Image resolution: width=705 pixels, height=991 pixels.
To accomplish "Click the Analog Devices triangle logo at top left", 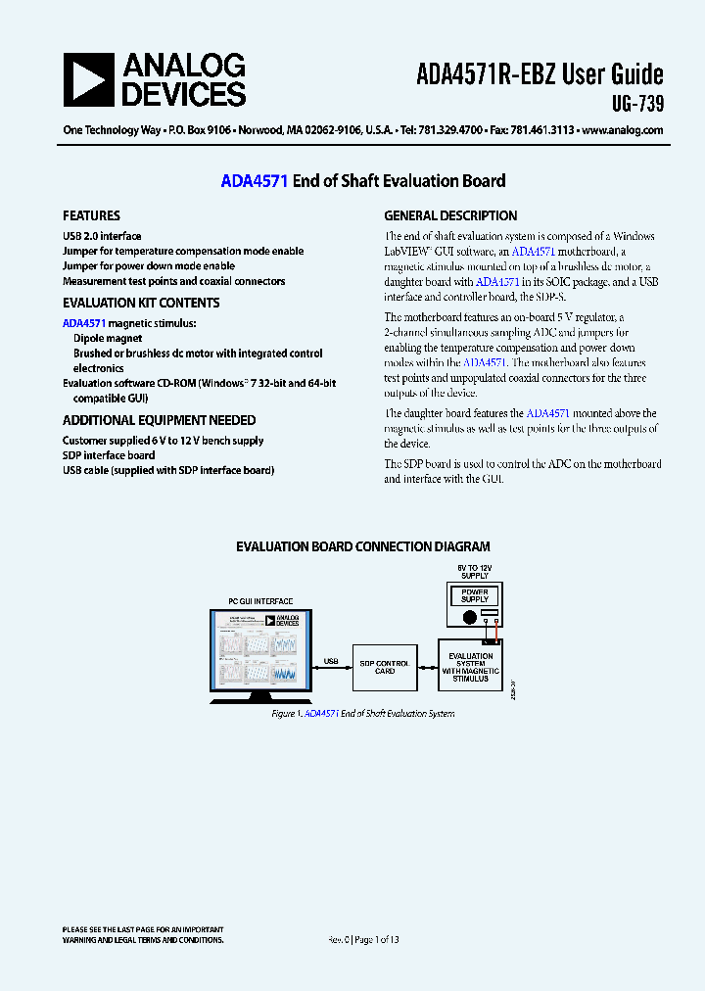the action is click(88, 79).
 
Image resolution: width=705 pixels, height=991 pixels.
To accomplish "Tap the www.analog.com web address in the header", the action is click(623, 130).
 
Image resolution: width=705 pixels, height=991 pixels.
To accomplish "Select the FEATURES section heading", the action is click(91, 215).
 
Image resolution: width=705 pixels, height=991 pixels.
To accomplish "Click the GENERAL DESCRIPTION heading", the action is click(450, 215).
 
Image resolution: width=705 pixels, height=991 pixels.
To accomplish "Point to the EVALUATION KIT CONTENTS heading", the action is click(141, 303).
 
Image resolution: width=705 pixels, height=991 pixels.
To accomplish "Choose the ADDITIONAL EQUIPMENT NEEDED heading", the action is click(159, 420).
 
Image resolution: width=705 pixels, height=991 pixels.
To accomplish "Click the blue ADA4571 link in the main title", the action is click(254, 180).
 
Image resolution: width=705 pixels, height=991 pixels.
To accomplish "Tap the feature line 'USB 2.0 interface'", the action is click(102, 236).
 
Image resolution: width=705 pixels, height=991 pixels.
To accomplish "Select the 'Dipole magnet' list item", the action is click(108, 339).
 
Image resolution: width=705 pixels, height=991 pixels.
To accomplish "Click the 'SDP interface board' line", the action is click(109, 455).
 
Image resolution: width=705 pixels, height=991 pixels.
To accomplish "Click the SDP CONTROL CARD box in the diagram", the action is click(385, 667).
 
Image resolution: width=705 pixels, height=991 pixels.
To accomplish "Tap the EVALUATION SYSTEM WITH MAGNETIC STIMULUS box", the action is click(470, 667).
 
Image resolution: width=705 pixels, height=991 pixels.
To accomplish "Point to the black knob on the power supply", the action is click(470, 617).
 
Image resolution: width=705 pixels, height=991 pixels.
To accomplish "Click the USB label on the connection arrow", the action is click(330, 661).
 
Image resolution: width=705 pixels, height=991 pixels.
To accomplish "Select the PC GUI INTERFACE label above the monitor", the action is click(260, 601).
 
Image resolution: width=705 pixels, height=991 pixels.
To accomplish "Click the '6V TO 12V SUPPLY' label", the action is click(474, 571).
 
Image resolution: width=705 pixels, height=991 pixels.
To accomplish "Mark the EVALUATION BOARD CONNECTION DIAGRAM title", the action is click(363, 546).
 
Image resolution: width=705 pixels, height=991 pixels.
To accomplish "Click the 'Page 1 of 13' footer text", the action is click(377, 939).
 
